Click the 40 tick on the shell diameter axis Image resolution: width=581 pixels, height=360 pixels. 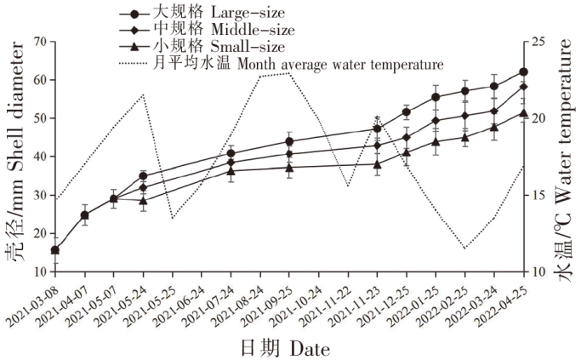40,157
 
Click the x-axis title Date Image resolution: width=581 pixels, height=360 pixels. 285,348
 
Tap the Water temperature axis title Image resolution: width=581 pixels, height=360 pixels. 563,157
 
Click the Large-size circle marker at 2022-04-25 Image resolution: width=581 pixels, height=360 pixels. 523,72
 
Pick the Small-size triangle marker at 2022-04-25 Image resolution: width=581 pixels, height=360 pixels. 523,112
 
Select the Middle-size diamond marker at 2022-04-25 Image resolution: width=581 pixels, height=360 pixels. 523,87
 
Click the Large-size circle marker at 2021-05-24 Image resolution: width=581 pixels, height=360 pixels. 143,176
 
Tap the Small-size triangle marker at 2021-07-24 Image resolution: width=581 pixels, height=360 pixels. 231,171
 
